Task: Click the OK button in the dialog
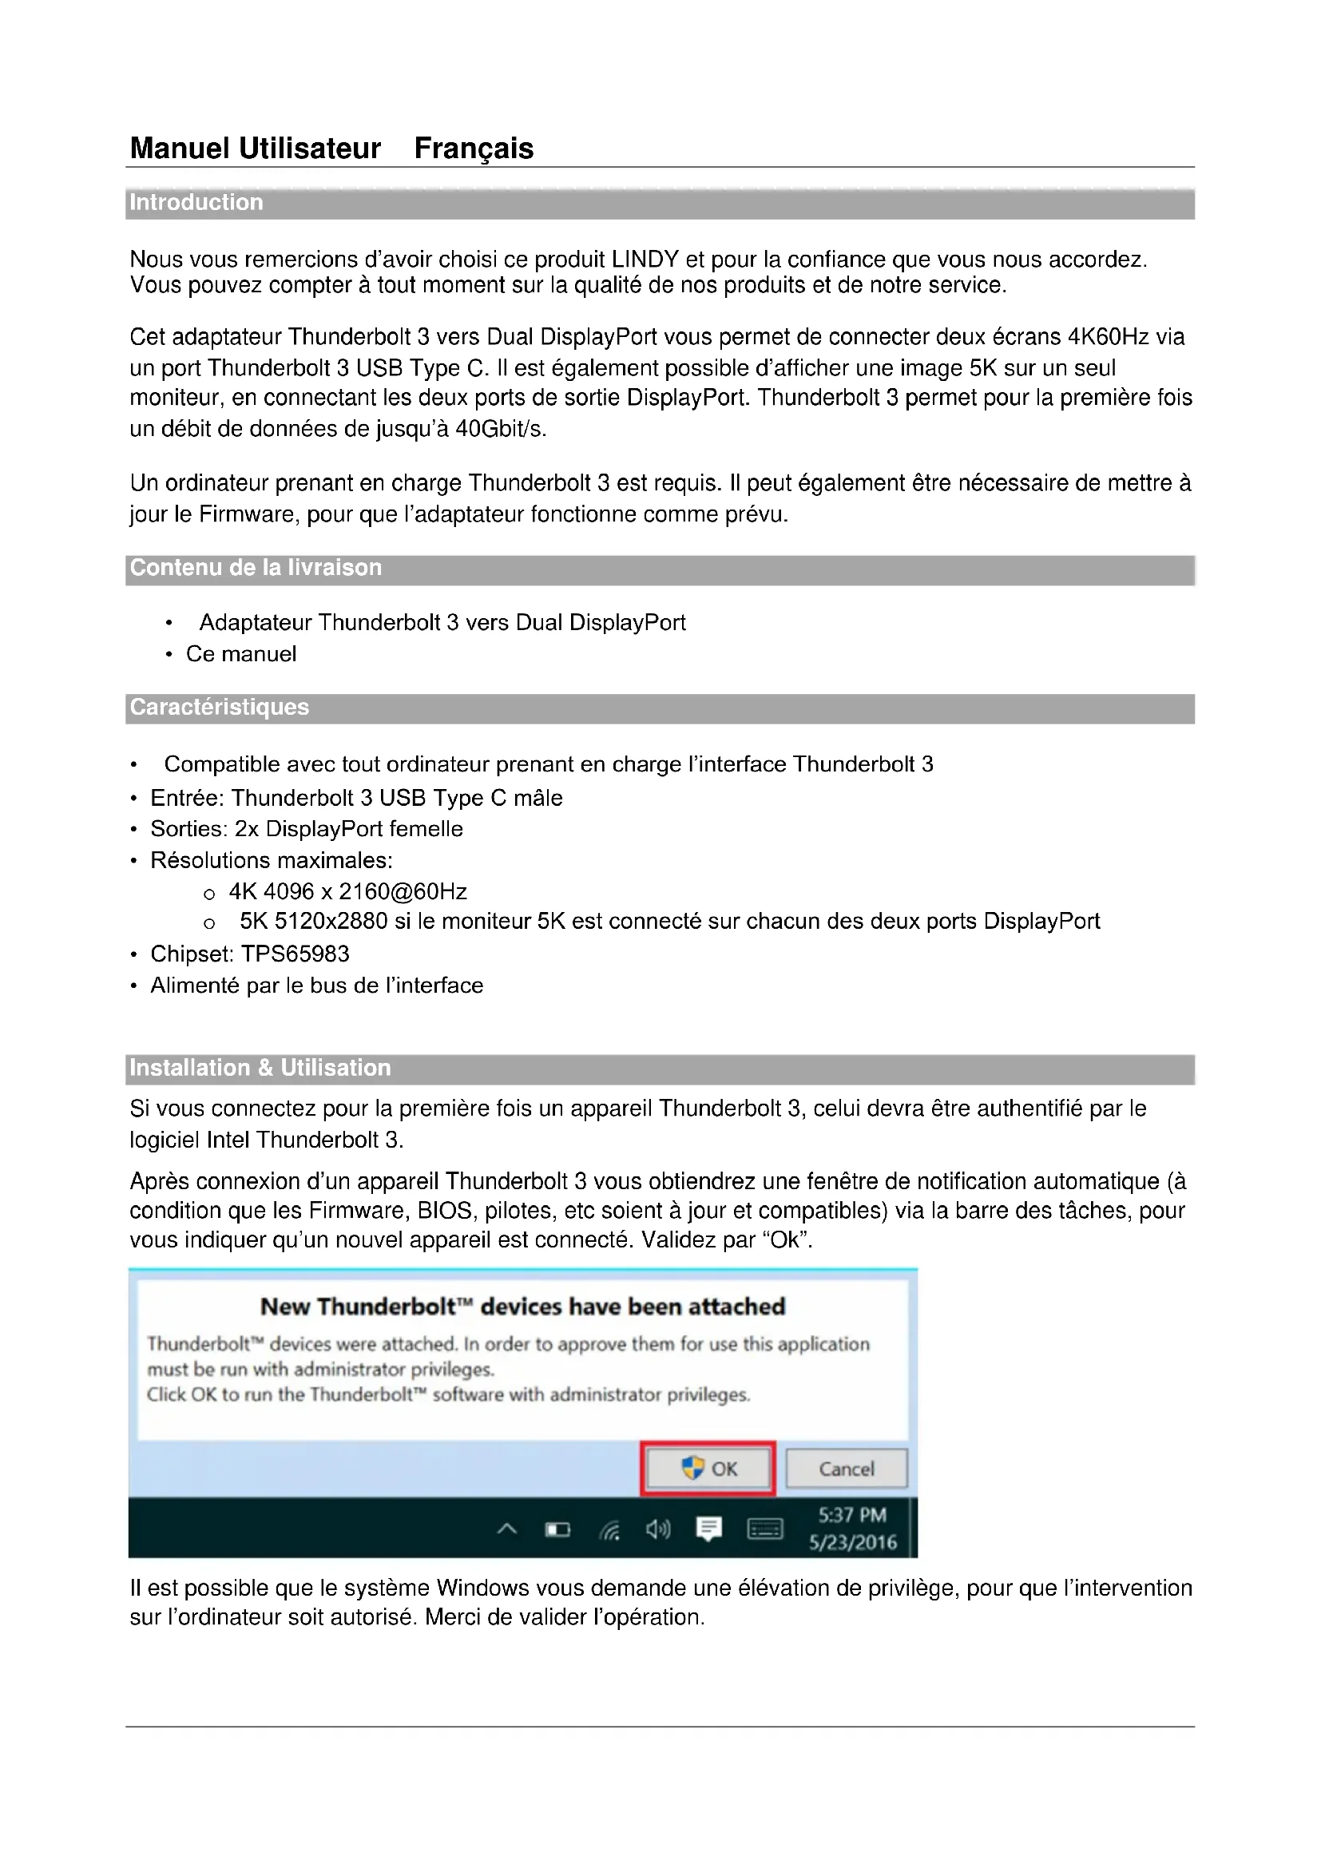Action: (708, 1469)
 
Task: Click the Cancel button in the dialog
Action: (846, 1469)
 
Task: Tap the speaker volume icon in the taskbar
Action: (658, 1529)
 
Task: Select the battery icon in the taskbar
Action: (557, 1530)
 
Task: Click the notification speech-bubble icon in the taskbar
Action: (709, 1529)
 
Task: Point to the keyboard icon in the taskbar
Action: (764, 1529)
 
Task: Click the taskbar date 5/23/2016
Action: (852, 1543)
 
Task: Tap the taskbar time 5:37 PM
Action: (851, 1515)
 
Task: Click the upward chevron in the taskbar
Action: (507, 1529)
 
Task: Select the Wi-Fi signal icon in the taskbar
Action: (609, 1531)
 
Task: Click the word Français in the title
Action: (474, 148)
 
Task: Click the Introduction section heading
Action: (196, 203)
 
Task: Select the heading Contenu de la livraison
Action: (256, 568)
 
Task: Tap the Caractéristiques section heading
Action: (220, 707)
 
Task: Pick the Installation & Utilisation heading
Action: (260, 1069)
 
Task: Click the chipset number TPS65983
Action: (296, 954)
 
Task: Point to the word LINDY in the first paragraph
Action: (645, 260)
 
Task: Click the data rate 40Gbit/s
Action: (500, 429)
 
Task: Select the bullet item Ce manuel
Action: (240, 654)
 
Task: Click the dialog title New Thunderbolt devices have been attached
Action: (522, 1307)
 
